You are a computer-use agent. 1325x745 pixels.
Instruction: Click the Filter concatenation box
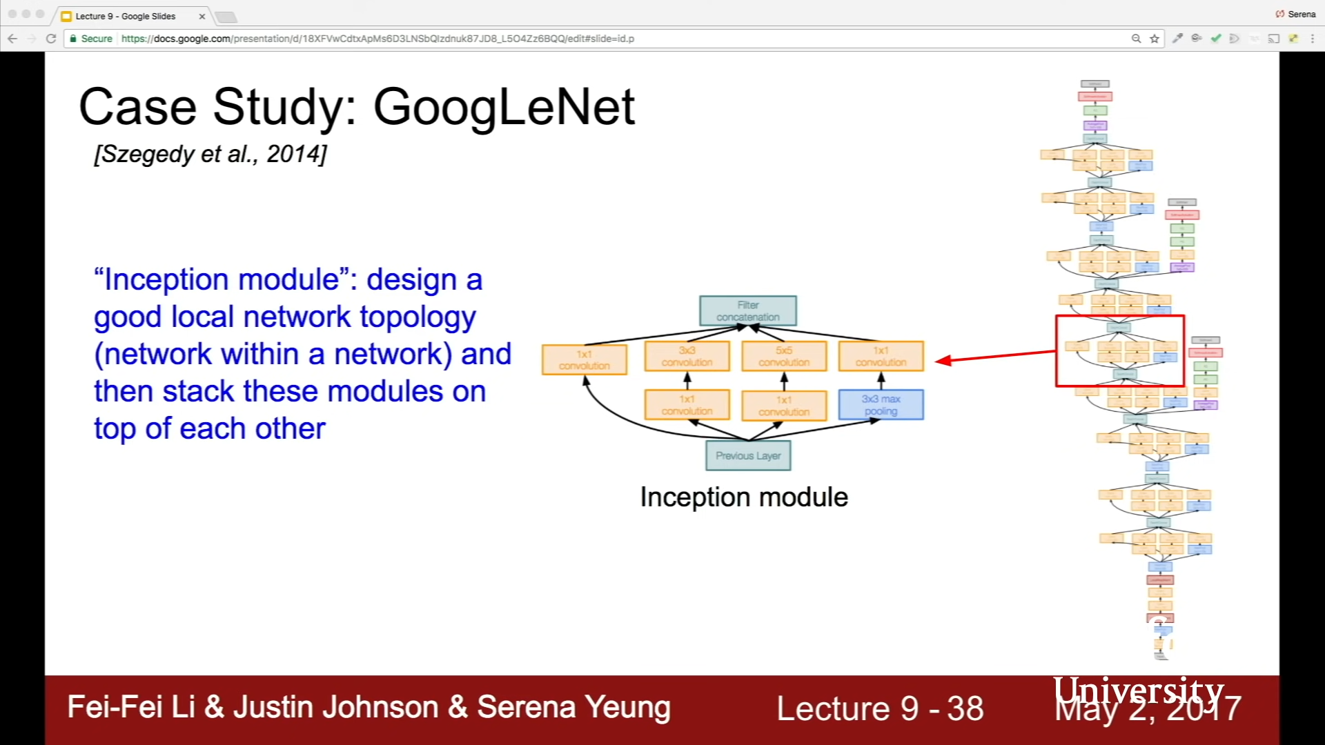[747, 311]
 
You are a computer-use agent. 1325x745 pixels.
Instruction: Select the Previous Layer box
[748, 456]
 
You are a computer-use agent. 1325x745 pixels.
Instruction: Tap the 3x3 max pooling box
[881, 405]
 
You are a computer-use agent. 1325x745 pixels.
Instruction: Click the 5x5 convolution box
[784, 357]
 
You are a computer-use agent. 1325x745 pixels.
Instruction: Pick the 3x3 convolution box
[687, 357]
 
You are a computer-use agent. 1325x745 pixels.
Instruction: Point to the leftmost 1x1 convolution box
[585, 360]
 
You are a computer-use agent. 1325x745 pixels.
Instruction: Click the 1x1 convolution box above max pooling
[881, 357]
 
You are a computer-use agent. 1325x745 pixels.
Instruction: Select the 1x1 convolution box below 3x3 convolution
[687, 405]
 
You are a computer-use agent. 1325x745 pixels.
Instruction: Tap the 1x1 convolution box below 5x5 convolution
[784, 406]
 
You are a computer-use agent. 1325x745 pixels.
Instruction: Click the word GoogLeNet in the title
[504, 107]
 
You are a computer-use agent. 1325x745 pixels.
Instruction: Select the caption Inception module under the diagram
[744, 497]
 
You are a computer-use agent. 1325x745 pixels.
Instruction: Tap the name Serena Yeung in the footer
[573, 707]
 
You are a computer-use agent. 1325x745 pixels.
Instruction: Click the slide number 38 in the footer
[965, 708]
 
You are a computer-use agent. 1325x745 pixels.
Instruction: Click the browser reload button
[51, 39]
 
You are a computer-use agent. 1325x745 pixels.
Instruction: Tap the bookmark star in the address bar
[1155, 39]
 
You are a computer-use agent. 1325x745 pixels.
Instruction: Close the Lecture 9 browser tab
[202, 16]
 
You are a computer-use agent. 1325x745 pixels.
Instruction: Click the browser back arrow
[12, 39]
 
